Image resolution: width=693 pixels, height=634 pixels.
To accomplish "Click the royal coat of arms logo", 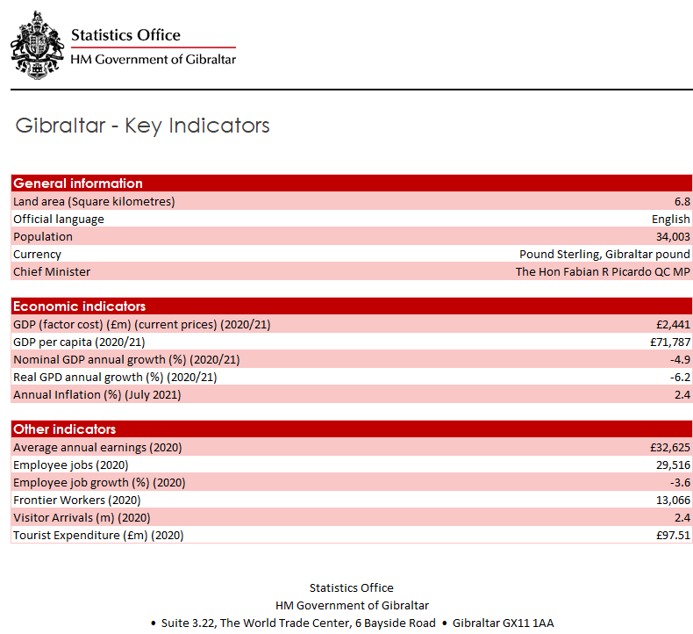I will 37,47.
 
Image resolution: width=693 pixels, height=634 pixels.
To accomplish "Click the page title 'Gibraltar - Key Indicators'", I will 142,126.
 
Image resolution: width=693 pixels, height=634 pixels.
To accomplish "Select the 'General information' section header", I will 78,184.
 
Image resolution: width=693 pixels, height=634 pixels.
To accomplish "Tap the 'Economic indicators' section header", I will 79,306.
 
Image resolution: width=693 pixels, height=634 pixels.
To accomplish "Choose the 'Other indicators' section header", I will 65,429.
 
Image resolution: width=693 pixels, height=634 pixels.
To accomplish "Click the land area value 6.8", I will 682,201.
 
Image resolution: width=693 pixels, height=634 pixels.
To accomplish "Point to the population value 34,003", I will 672,236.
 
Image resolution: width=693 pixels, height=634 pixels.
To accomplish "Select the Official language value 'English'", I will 671,219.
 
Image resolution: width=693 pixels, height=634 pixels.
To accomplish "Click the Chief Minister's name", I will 603,271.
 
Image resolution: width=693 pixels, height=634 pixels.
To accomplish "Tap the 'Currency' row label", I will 37,254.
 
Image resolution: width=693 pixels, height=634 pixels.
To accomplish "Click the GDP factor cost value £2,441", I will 672,324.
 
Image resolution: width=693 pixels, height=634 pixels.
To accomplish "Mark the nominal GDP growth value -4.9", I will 680,359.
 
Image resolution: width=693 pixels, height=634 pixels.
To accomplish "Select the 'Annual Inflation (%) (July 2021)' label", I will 97,394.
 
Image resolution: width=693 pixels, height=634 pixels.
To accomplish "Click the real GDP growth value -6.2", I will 680,377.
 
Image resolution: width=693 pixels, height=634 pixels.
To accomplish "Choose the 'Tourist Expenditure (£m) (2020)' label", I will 98,535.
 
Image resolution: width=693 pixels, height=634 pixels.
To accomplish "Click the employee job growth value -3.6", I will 680,482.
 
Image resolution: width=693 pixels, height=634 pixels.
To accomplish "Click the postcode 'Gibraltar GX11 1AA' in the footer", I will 503,623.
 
